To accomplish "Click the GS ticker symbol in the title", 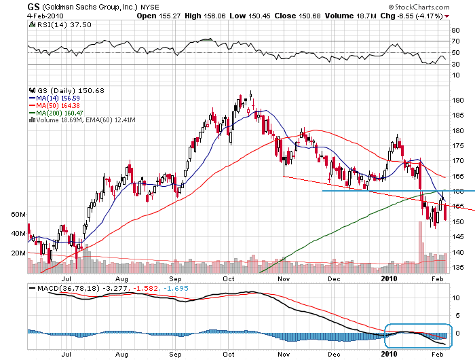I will coord(33,6).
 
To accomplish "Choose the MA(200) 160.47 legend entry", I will coord(59,113).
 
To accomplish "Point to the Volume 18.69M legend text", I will coord(68,120).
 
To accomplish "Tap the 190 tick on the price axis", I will coord(457,100).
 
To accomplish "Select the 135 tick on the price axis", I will coord(457,268).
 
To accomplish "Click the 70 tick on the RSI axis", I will coord(456,41).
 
